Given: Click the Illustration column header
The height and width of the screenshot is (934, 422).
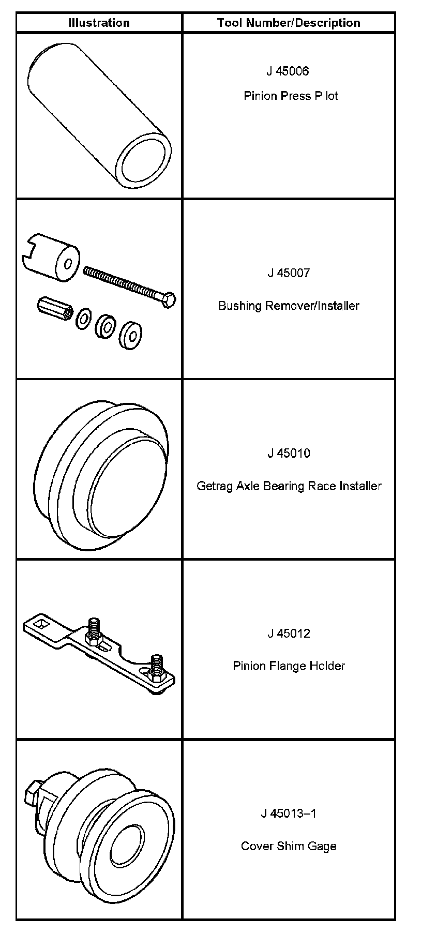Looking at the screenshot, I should [x=99, y=23].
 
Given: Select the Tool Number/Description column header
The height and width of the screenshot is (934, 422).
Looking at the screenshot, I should [x=289, y=23].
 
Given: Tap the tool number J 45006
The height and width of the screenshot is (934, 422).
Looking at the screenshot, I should [x=288, y=71].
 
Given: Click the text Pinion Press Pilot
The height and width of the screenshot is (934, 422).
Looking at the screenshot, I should [x=291, y=96].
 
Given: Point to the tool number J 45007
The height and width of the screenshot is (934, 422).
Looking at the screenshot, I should [x=289, y=273].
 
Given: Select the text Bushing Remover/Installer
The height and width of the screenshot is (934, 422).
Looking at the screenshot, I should [x=289, y=305].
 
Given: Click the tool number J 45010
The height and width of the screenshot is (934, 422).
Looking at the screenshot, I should [x=289, y=453].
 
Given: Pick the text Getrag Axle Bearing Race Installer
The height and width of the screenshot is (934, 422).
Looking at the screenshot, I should [x=289, y=486].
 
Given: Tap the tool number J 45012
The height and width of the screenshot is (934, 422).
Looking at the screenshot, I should [x=289, y=633].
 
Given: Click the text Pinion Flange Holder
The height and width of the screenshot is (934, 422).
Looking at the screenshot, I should [x=289, y=666].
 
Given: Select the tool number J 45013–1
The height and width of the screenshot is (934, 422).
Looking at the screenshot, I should [x=289, y=814].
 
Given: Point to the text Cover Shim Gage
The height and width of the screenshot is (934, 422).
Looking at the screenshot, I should [x=289, y=846].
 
